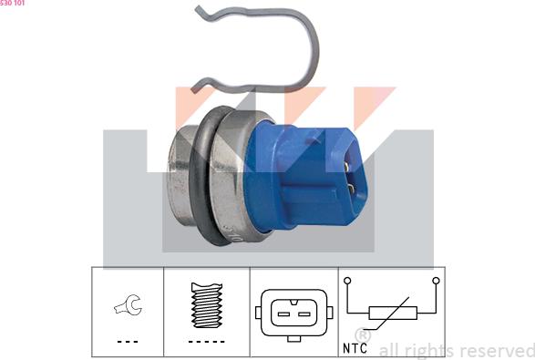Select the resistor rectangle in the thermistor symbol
point(390,314)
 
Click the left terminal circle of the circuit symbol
point(347,280)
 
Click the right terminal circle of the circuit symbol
point(436,280)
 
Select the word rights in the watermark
point(429,350)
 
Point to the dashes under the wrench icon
point(127,340)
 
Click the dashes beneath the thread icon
point(206,340)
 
